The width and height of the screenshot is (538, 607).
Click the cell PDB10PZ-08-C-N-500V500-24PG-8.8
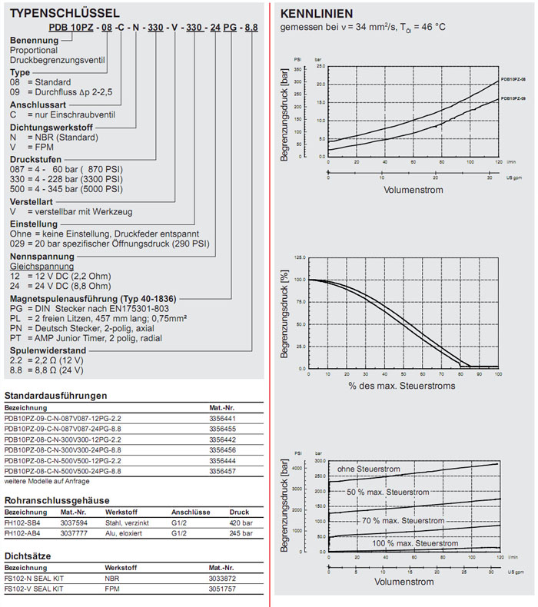click(x=63, y=470)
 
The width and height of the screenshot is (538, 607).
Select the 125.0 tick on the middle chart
click(x=298, y=257)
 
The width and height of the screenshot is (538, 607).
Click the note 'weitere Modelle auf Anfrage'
click(x=46, y=481)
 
